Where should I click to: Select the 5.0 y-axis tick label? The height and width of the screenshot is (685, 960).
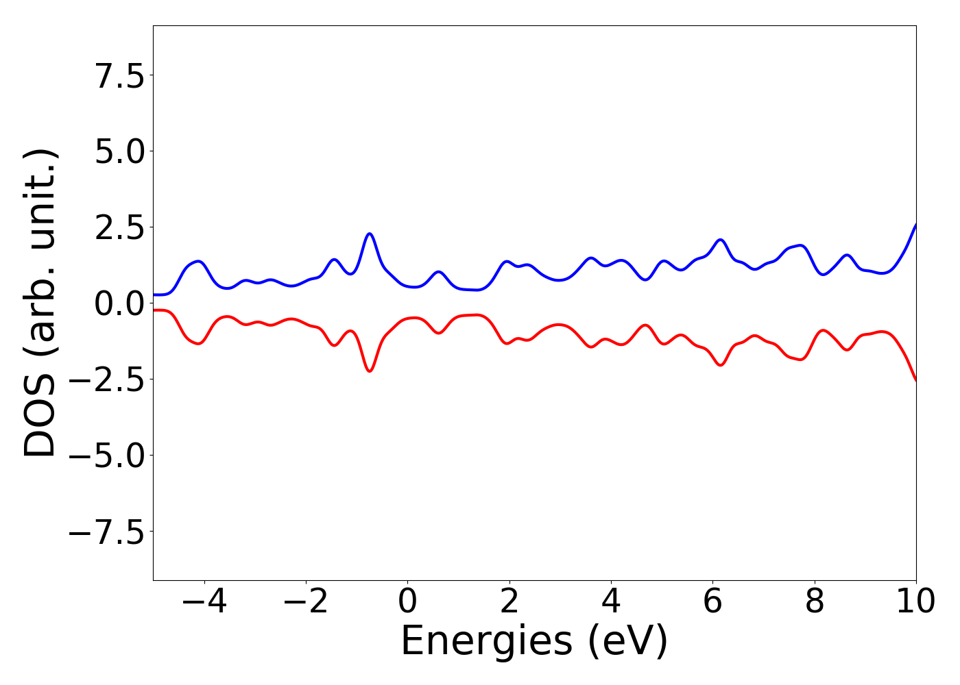[120, 151]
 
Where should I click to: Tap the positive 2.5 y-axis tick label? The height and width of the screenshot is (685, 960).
[120, 227]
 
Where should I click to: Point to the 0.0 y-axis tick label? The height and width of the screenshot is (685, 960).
[120, 303]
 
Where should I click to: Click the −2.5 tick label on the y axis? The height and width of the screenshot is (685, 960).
[107, 379]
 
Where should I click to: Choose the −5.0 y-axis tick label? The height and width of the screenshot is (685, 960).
[107, 456]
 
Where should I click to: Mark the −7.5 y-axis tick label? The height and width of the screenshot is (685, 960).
[107, 532]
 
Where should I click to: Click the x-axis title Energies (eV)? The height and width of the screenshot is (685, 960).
[534, 642]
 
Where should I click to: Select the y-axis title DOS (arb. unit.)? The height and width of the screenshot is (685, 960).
[41, 303]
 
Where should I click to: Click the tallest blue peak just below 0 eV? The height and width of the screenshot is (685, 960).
[370, 234]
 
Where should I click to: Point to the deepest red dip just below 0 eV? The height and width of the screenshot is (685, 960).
[370, 371]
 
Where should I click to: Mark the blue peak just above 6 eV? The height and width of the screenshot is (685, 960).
[720, 240]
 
